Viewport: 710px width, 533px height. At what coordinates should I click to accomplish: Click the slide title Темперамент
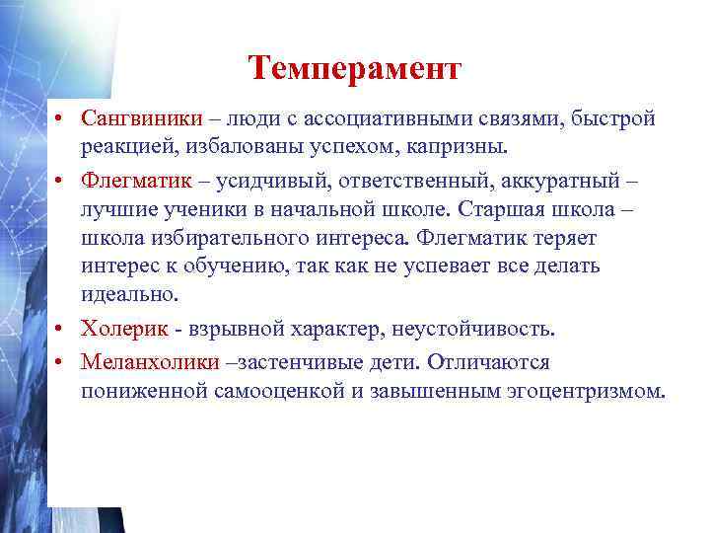tap(354, 68)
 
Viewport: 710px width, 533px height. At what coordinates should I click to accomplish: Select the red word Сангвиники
tap(142, 119)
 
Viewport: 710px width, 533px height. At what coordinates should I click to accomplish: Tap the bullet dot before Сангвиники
tap(61, 120)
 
